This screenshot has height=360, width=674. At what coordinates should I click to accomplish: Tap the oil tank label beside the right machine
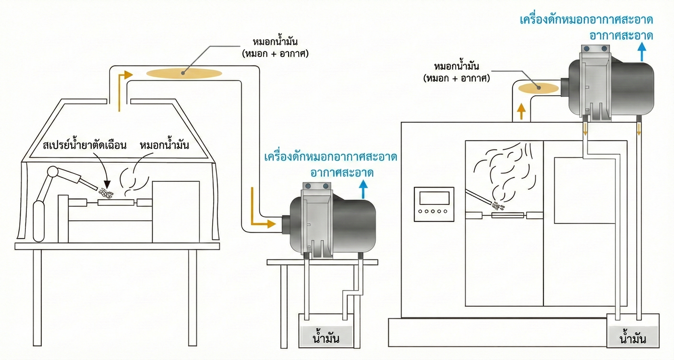click(x=633, y=339)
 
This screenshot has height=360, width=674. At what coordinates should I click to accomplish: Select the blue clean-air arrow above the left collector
click(x=363, y=190)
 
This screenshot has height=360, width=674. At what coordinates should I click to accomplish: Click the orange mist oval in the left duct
click(x=184, y=73)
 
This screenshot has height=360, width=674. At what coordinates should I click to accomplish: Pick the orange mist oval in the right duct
click(x=539, y=87)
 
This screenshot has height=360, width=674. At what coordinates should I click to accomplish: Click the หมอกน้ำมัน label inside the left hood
click(x=164, y=145)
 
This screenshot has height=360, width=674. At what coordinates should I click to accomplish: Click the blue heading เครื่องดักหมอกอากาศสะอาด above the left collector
click(x=330, y=157)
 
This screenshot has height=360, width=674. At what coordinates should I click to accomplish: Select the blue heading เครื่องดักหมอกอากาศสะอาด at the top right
click(x=586, y=20)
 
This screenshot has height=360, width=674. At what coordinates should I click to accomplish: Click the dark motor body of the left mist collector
click(x=352, y=225)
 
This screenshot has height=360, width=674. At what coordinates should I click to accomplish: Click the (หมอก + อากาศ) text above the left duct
click(x=275, y=53)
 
